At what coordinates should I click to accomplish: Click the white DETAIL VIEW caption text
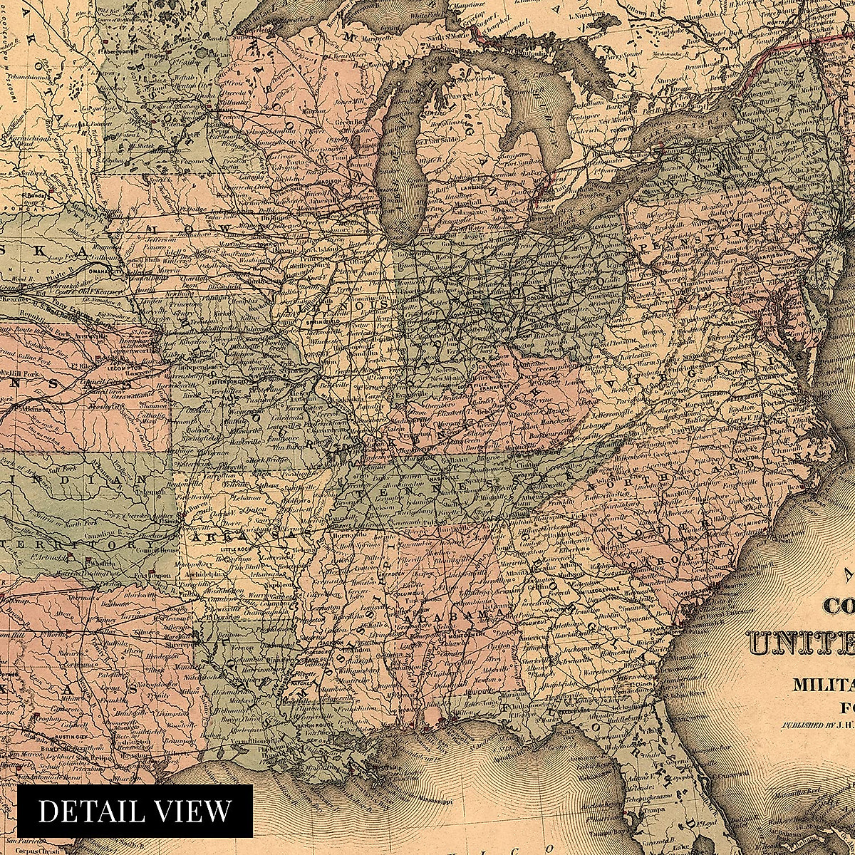click(135, 812)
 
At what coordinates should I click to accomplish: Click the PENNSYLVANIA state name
click(712, 239)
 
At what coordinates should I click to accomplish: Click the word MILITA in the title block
click(824, 685)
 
